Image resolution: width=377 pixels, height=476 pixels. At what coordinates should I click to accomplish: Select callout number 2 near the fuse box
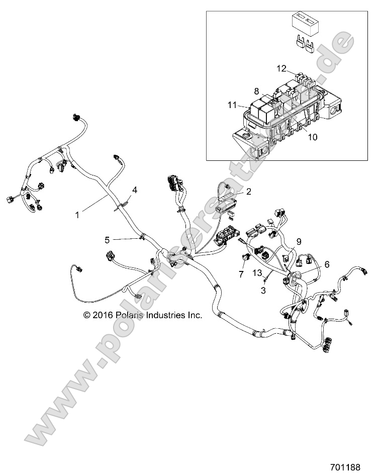pos(248,192)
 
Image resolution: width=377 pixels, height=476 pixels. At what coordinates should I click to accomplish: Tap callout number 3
pos(263,291)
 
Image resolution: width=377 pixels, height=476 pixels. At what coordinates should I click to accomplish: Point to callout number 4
pos(134,189)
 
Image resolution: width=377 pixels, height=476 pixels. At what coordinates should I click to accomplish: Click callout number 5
pos(107,240)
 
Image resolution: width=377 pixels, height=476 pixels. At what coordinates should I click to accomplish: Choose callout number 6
pos(327,263)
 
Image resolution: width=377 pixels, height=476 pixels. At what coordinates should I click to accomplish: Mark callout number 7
pos(241,274)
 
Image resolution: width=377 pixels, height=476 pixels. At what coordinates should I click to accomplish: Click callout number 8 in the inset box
pos(256,91)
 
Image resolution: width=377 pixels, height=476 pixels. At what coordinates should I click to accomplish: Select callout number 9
pos(299,242)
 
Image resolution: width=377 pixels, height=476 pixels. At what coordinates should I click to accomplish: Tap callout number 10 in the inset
pos(312,136)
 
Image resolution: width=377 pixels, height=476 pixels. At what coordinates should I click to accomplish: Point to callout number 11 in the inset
pos(232,105)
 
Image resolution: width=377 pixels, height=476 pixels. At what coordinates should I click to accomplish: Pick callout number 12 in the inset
pos(281,68)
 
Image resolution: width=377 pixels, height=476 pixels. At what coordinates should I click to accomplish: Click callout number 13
pos(257,273)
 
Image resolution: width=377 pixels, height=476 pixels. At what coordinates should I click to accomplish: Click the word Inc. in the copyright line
pos(195,316)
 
